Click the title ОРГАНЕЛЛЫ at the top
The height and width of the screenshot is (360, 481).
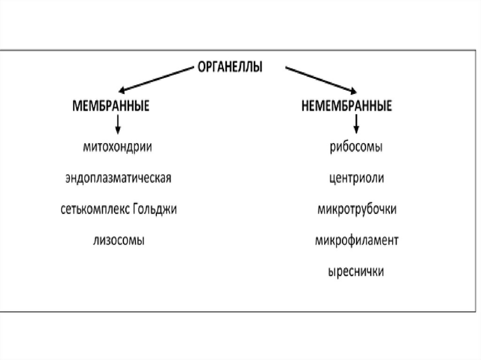coord(230,67)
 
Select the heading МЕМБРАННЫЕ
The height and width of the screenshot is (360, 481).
coord(110,106)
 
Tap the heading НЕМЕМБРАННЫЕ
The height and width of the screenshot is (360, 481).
coord(347,106)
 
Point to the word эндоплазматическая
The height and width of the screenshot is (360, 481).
coord(118,178)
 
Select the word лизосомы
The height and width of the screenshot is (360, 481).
coord(118,240)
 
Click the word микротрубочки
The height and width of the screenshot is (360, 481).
coord(357,209)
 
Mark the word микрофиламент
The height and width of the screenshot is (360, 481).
coord(357,240)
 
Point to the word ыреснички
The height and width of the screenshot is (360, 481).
coord(356,271)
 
